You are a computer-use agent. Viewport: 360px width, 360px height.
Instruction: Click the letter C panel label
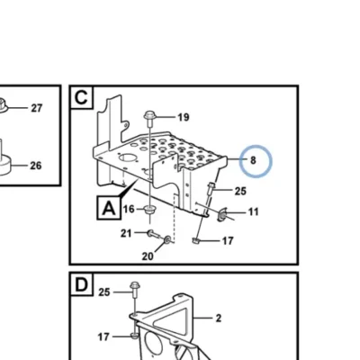pos(81,98)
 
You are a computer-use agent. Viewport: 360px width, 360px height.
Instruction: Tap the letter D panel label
pos(81,284)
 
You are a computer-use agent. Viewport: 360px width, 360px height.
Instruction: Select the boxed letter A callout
pos(109,208)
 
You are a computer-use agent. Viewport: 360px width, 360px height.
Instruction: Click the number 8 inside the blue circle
pos(253,160)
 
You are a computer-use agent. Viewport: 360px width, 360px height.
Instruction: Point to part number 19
pos(184,117)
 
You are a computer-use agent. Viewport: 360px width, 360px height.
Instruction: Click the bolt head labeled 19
pos(149,115)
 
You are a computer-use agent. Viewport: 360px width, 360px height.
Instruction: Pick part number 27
pos(37,108)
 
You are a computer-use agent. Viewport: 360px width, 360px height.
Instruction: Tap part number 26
pos(36,166)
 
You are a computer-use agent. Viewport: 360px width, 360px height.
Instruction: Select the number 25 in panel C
pos(240,191)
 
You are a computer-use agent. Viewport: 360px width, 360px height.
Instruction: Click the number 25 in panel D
pos(104,292)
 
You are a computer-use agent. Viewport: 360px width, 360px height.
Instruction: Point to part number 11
pos(254,212)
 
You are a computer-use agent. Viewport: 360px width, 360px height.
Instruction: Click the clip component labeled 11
pos(222,214)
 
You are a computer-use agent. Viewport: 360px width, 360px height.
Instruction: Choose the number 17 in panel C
pos(228,240)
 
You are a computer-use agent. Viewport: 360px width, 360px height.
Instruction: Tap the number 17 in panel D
pos(103,337)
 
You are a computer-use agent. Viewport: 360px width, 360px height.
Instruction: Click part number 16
pos(129,209)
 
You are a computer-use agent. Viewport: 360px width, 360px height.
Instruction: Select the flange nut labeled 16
pos(149,210)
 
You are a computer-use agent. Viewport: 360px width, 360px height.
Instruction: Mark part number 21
pos(126,233)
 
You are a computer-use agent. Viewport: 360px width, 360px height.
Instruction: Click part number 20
pos(148,256)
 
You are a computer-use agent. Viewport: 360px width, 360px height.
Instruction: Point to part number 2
pos(219,318)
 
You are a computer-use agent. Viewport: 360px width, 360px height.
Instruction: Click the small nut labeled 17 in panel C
pos(195,240)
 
